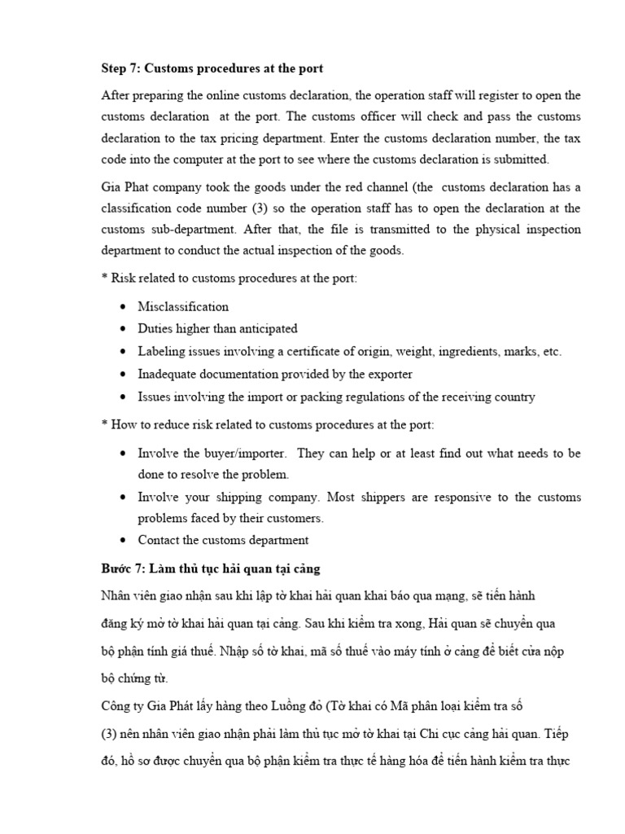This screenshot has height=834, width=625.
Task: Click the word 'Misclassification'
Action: coord(183,307)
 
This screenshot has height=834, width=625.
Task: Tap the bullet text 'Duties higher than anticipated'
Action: coord(217,329)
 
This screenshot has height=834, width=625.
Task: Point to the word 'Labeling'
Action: coord(160,352)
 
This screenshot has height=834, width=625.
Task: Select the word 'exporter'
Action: coord(390,375)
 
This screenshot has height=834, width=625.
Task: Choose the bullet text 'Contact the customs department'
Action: coord(223,540)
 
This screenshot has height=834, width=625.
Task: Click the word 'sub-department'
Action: coord(190,230)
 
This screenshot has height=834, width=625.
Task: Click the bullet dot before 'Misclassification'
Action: coord(122,308)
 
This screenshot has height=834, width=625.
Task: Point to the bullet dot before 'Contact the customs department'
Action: coord(122,541)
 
